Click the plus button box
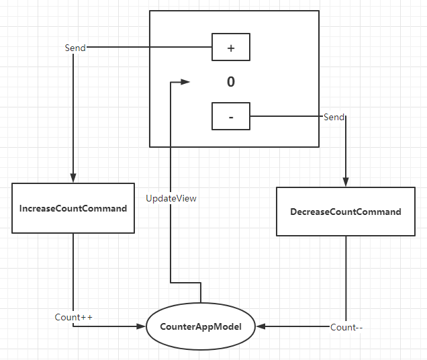pos(231,47)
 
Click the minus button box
pos(231,116)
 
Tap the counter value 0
pos(231,82)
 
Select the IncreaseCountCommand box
pos(73,208)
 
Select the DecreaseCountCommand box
pos(346,212)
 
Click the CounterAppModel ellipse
pos(201,326)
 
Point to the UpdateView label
pos(171,198)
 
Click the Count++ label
pos(74,317)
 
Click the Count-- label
pos(346,327)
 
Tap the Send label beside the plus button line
pos(75,48)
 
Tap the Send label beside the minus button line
pos(334,117)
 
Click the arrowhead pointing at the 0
pos(185,82)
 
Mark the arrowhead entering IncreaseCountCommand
pos(73,178)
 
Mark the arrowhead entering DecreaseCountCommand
pos(346,182)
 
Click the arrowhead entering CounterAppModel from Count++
pos(141,326)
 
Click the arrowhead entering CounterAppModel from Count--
pos(261,326)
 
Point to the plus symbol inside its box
pos(231,48)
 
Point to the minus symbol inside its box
pos(231,118)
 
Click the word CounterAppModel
pos(201,326)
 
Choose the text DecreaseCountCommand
pos(346,212)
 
